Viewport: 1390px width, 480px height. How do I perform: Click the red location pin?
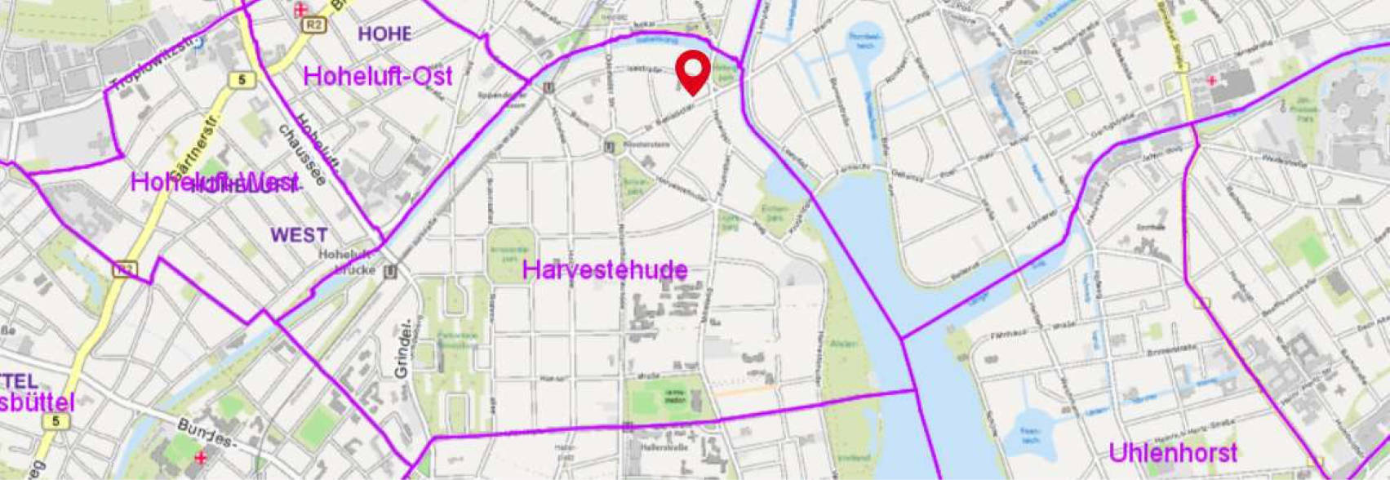click(x=693, y=71)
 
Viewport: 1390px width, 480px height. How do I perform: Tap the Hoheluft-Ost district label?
click(x=377, y=76)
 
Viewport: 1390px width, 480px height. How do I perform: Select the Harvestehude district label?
click(x=604, y=270)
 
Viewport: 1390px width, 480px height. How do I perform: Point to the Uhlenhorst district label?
click(x=1173, y=452)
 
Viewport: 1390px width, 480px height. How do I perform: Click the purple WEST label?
click(x=300, y=235)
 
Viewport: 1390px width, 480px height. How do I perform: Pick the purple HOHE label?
click(x=384, y=33)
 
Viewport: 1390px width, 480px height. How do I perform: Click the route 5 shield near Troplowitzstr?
click(x=242, y=80)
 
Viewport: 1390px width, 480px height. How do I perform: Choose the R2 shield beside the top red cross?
click(x=313, y=25)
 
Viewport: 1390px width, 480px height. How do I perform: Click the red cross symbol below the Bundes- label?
click(x=201, y=457)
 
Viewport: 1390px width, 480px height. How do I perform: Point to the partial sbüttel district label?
click(x=38, y=402)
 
